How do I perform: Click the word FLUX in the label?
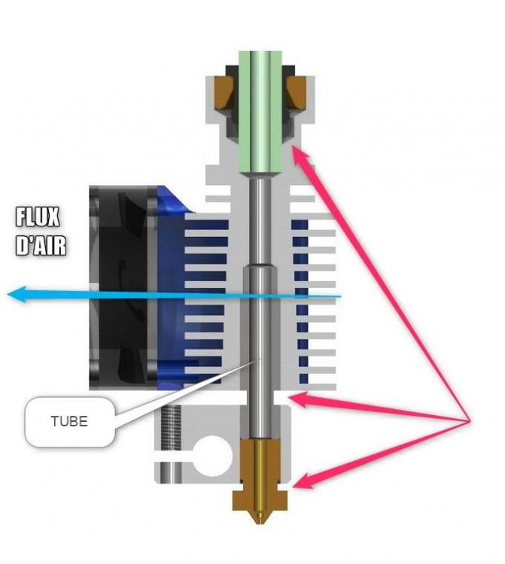tap(38, 219)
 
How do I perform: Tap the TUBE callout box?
tap(69, 421)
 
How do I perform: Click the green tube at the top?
tap(260, 105)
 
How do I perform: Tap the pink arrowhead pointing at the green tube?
tap(300, 155)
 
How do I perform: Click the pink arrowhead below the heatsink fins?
tap(300, 398)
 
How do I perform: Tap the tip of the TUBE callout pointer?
tap(259, 359)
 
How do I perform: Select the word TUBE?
tap(68, 421)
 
